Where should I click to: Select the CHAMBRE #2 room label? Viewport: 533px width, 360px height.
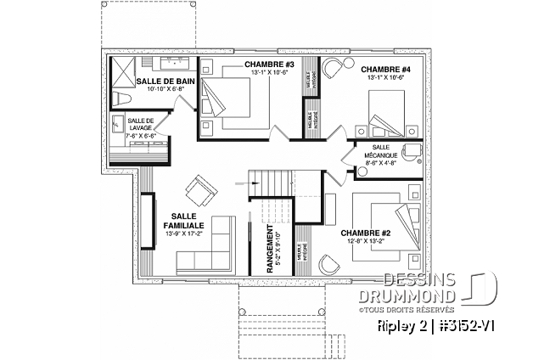[364, 232]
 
